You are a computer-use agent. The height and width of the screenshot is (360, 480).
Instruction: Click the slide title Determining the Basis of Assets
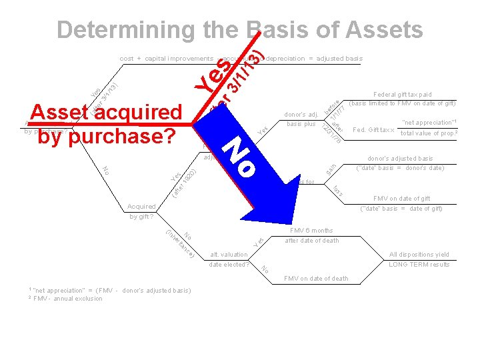(x=239, y=30)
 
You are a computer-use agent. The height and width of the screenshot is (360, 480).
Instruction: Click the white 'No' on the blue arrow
(x=240, y=157)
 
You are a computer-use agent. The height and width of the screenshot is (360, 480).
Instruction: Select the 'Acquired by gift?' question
(x=141, y=211)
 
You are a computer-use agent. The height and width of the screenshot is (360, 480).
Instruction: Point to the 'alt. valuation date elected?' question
(x=229, y=259)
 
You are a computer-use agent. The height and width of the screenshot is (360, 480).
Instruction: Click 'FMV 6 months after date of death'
(x=311, y=235)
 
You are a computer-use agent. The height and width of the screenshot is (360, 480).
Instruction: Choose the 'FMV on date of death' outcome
(x=316, y=279)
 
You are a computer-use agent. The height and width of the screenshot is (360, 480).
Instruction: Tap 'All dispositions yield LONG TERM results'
(x=419, y=259)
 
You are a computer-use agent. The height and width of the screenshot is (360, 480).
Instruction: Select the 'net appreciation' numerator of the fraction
(x=429, y=123)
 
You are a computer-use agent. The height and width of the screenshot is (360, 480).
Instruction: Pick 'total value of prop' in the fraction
(x=429, y=134)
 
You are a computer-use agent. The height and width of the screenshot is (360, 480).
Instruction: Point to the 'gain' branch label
(x=331, y=170)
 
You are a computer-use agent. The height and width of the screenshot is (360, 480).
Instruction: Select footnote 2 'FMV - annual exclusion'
(x=67, y=299)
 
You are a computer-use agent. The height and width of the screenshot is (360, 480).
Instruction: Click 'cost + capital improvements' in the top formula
(x=166, y=59)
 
